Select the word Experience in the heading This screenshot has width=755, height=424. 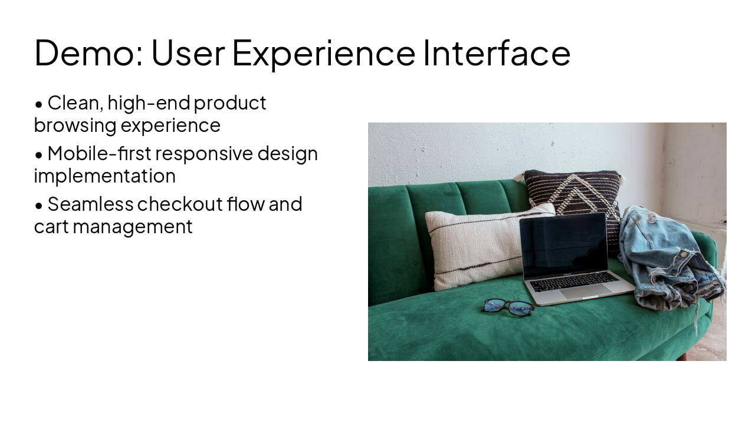click(x=323, y=52)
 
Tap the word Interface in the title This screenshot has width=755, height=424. click(x=497, y=52)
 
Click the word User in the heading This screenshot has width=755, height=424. click(x=188, y=52)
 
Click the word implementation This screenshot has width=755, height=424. click(x=104, y=176)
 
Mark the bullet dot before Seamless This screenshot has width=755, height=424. click(x=39, y=206)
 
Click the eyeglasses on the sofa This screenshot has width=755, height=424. click(x=508, y=306)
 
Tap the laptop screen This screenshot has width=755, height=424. click(x=564, y=244)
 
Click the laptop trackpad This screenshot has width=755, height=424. click(x=586, y=291)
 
